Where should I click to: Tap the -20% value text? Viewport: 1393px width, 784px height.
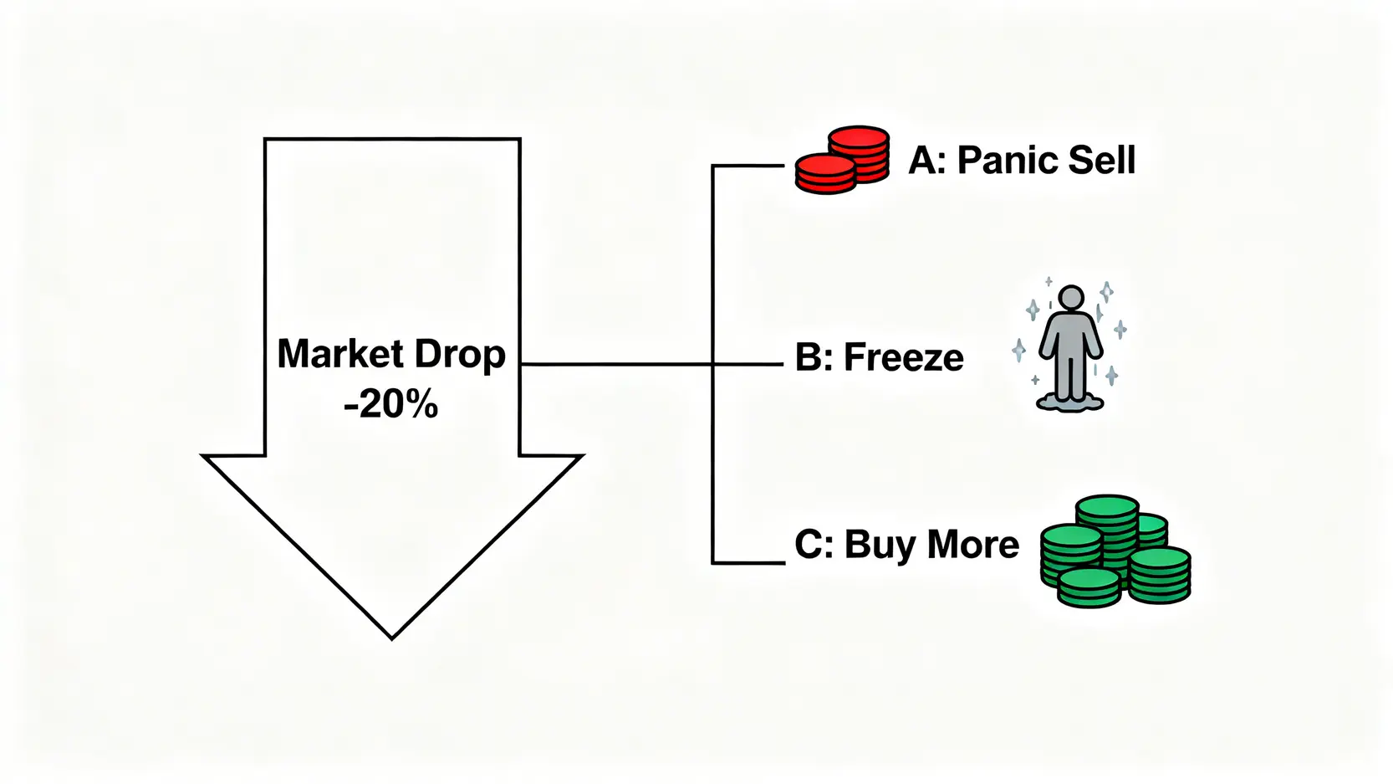point(391,405)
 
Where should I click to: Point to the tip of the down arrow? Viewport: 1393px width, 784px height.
point(392,637)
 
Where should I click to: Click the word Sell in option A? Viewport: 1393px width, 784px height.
point(1101,160)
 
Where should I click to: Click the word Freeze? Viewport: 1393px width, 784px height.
point(904,358)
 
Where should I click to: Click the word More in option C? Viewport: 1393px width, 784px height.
point(973,545)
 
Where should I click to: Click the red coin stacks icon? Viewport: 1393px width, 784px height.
point(841,160)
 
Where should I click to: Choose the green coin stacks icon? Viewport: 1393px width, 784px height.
point(1115,551)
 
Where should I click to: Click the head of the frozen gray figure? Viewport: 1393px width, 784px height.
point(1070,298)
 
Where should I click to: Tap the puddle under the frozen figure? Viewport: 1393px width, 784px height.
point(1070,403)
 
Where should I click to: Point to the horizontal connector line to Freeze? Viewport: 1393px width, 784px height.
point(619,364)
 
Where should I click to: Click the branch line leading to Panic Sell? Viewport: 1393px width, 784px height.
point(748,166)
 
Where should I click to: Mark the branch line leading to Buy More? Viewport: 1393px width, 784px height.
point(748,563)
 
